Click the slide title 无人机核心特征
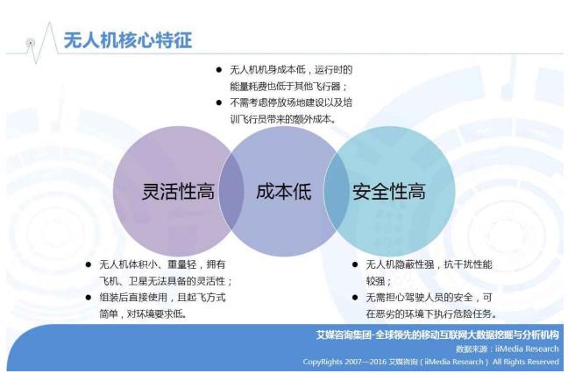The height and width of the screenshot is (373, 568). pyautogui.click(x=127, y=40)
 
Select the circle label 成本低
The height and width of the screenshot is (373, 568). pyautogui.click(x=283, y=192)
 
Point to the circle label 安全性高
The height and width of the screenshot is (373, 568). pyautogui.click(x=389, y=192)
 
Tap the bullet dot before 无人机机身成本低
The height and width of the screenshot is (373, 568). pyautogui.click(x=219, y=69)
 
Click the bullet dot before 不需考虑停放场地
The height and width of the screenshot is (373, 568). pyautogui.click(x=219, y=102)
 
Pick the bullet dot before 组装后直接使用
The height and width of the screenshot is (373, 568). pyautogui.click(x=89, y=297)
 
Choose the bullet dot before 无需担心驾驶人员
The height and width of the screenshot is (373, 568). pyautogui.click(x=354, y=298)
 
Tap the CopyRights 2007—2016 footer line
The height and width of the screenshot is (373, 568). pyautogui.click(x=430, y=361)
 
